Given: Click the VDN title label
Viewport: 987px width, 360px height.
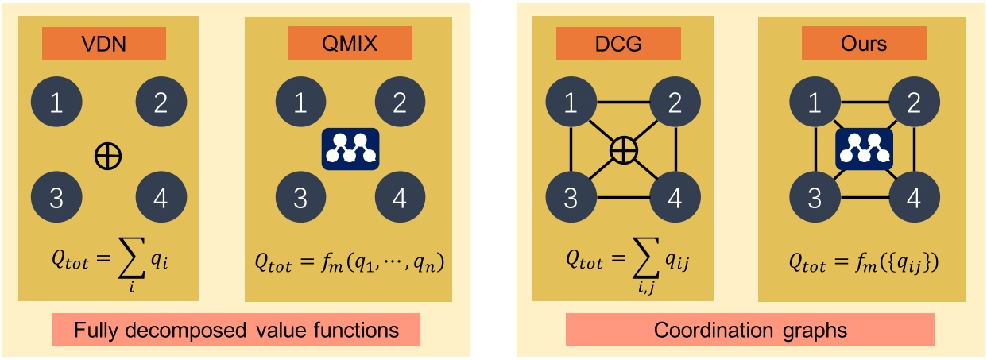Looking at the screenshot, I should pos(104,43).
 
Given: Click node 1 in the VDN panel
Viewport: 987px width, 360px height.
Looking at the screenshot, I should pos(56,104).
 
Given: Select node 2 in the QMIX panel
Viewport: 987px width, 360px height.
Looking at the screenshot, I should pos(400,104).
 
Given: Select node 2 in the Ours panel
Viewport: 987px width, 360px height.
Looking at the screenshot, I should pos(914,104).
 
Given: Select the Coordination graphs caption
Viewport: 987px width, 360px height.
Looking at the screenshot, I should pos(749,328).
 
